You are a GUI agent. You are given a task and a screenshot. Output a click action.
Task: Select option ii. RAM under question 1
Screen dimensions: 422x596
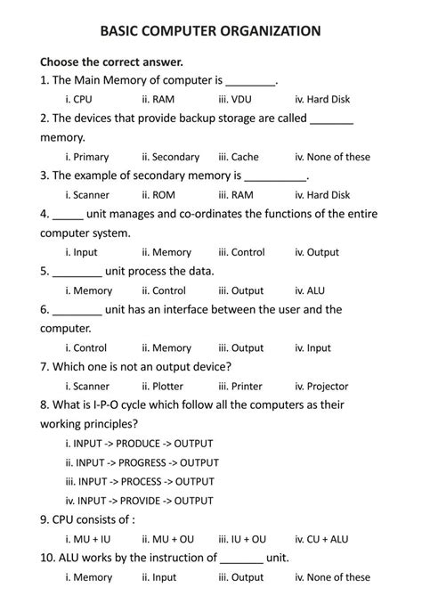click(158, 100)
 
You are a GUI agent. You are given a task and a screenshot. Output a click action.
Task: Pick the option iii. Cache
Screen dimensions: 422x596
click(239, 157)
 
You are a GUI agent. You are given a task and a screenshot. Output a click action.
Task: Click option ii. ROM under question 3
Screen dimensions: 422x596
click(158, 195)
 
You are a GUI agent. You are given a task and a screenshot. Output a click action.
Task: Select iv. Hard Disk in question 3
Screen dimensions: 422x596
click(322, 195)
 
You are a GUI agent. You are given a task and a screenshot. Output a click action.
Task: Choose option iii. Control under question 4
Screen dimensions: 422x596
click(241, 252)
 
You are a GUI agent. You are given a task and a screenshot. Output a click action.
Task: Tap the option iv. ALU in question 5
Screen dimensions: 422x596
click(310, 290)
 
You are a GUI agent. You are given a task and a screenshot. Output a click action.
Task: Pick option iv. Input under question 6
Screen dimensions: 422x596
click(312, 348)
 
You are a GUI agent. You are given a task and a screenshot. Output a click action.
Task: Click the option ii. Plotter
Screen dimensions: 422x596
click(162, 387)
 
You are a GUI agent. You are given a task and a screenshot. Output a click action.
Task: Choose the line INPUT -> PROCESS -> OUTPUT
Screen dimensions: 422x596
click(140, 482)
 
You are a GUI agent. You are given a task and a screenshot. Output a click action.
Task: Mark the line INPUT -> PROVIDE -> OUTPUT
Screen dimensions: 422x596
click(140, 501)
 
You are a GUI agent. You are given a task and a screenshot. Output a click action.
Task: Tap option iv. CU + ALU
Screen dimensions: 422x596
click(321, 539)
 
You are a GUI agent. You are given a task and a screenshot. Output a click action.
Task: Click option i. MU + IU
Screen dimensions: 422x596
click(88, 539)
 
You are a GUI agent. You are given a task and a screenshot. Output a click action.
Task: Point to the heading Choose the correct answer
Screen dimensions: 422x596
click(111, 62)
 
